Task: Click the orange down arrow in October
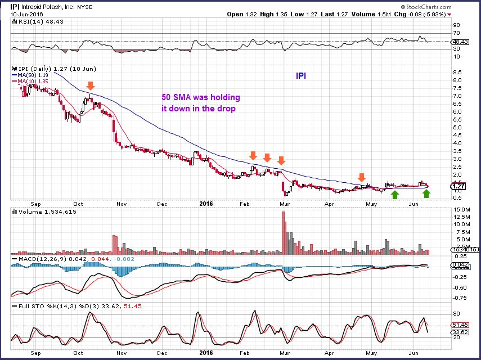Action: [x=90, y=85]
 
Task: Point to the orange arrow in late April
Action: [x=362, y=177]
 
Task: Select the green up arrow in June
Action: [x=426, y=193]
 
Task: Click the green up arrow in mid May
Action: [x=395, y=194]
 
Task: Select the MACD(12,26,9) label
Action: [x=35, y=258]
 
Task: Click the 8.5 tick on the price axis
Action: [x=457, y=73]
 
